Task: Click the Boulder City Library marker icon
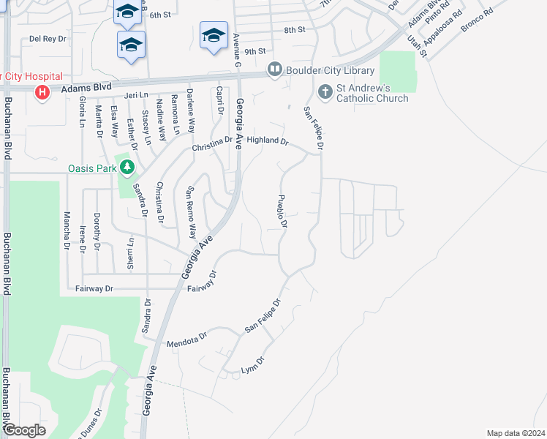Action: (275, 70)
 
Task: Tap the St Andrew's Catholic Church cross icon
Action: (326, 92)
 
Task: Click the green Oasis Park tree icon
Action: (127, 168)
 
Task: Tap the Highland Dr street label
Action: (268, 140)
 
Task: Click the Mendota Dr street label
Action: (187, 342)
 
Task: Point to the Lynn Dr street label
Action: (252, 368)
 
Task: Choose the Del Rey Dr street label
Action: (48, 38)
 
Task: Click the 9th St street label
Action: (254, 51)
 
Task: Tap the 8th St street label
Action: (294, 30)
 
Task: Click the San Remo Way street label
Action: (192, 213)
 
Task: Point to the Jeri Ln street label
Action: (136, 96)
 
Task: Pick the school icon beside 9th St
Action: (214, 35)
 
